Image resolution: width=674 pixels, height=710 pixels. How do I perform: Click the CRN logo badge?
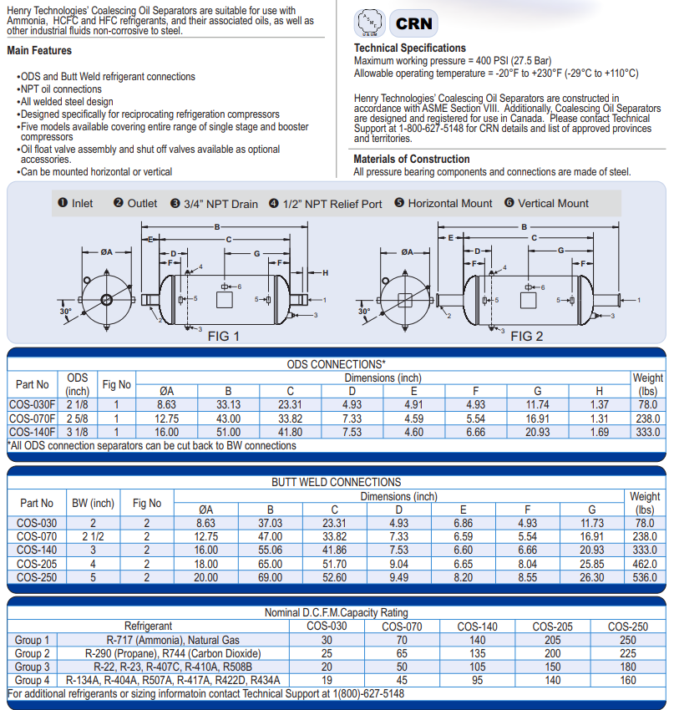pos(414,23)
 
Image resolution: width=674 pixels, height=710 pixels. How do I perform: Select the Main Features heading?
pos(39,51)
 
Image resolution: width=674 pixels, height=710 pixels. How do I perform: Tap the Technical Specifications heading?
pos(409,48)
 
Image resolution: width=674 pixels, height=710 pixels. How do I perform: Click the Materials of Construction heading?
pos(411,159)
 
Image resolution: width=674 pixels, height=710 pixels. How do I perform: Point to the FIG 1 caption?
pos(223,337)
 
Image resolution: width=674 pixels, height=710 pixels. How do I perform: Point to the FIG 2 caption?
pos(526,337)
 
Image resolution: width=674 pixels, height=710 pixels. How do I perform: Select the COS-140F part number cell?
pos(33,432)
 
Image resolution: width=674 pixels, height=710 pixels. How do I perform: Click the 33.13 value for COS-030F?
pos(227,405)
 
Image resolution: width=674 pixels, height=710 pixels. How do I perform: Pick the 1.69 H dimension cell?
pos(599,432)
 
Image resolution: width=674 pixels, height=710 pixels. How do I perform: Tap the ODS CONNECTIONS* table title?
pos(336,364)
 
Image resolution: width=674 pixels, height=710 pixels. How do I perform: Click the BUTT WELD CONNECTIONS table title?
pos(336,482)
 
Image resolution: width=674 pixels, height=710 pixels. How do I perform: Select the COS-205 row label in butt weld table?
pos(36,563)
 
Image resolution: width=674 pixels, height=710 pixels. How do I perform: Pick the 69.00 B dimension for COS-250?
pos(270,576)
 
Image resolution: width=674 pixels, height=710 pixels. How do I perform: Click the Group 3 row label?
pos(33,666)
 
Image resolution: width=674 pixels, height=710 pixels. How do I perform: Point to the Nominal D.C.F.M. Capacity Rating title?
pos(336,612)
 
